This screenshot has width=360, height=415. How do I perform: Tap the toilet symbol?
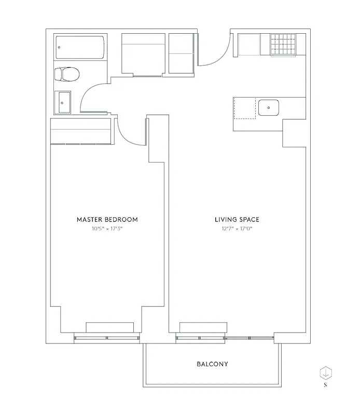click(x=66, y=75)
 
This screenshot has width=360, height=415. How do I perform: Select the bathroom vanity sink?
click(x=65, y=102)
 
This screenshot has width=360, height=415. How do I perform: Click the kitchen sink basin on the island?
click(x=269, y=108)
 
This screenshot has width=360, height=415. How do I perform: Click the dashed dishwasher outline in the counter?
click(x=245, y=108)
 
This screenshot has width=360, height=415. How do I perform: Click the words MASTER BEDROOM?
click(x=107, y=219)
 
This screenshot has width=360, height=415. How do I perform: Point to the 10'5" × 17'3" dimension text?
click(x=107, y=229)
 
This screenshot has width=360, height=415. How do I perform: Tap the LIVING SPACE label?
click(x=237, y=219)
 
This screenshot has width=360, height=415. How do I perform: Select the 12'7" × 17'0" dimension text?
click(x=237, y=229)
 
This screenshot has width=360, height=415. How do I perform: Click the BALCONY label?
click(x=212, y=364)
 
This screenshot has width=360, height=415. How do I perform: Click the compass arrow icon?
click(x=325, y=372)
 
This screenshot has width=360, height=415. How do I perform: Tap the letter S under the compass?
click(x=325, y=385)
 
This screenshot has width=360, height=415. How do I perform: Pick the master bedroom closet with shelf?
click(x=80, y=131)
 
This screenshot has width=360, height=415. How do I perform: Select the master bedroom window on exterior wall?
click(x=107, y=338)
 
